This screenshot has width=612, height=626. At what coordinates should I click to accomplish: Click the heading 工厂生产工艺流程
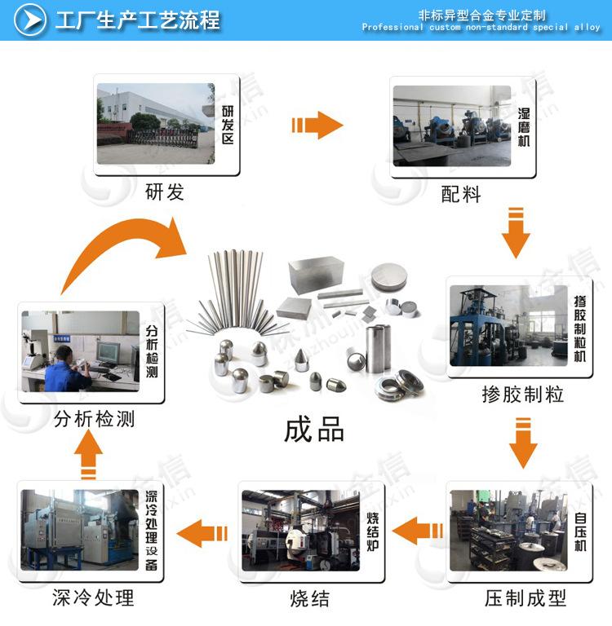pyautogui.click(x=138, y=20)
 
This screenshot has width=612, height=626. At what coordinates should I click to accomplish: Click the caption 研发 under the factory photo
pyautogui.click(x=165, y=192)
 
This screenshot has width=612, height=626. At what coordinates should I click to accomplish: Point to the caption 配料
pyautogui.click(x=461, y=195)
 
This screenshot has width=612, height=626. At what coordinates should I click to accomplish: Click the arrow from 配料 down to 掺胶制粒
pyautogui.click(x=515, y=233)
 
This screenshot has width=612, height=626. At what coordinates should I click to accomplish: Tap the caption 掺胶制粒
pyautogui.click(x=523, y=395)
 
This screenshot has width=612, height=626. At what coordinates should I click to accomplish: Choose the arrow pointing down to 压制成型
pyautogui.click(x=523, y=442)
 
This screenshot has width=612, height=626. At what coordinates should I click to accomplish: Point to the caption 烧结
pyautogui.click(x=310, y=599)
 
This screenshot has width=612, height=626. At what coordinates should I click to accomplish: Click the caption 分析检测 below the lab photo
pyautogui.click(x=94, y=420)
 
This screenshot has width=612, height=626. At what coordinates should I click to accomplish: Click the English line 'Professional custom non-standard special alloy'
pyautogui.click(x=481, y=28)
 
